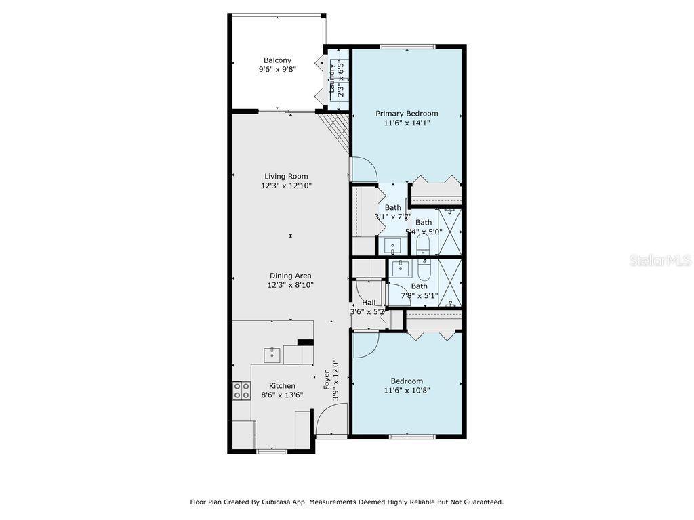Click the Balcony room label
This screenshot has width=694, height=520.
pos(277,60)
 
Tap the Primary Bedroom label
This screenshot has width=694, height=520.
pos(407,114)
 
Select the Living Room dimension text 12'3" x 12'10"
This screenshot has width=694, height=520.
pos(287,186)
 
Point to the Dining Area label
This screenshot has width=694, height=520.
pos(290,276)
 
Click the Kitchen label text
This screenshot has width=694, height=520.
pos(282,385)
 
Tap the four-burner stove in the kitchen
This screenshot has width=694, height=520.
pos(242,391)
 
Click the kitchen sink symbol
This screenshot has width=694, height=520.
pos(272,355)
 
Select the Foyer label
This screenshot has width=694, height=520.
pos(327,380)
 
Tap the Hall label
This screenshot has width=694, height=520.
pos(369,303)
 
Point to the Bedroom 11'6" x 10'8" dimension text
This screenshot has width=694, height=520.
pos(407,391)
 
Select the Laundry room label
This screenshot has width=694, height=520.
pos(332,79)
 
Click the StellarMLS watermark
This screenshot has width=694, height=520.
pos(661,261)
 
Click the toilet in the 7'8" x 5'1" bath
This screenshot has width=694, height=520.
pos(424,269)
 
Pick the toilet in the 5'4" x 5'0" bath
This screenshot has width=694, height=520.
pos(424,244)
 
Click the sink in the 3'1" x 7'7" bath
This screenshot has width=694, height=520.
pos(392,245)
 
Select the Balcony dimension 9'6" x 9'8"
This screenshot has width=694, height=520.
pos(277,70)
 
